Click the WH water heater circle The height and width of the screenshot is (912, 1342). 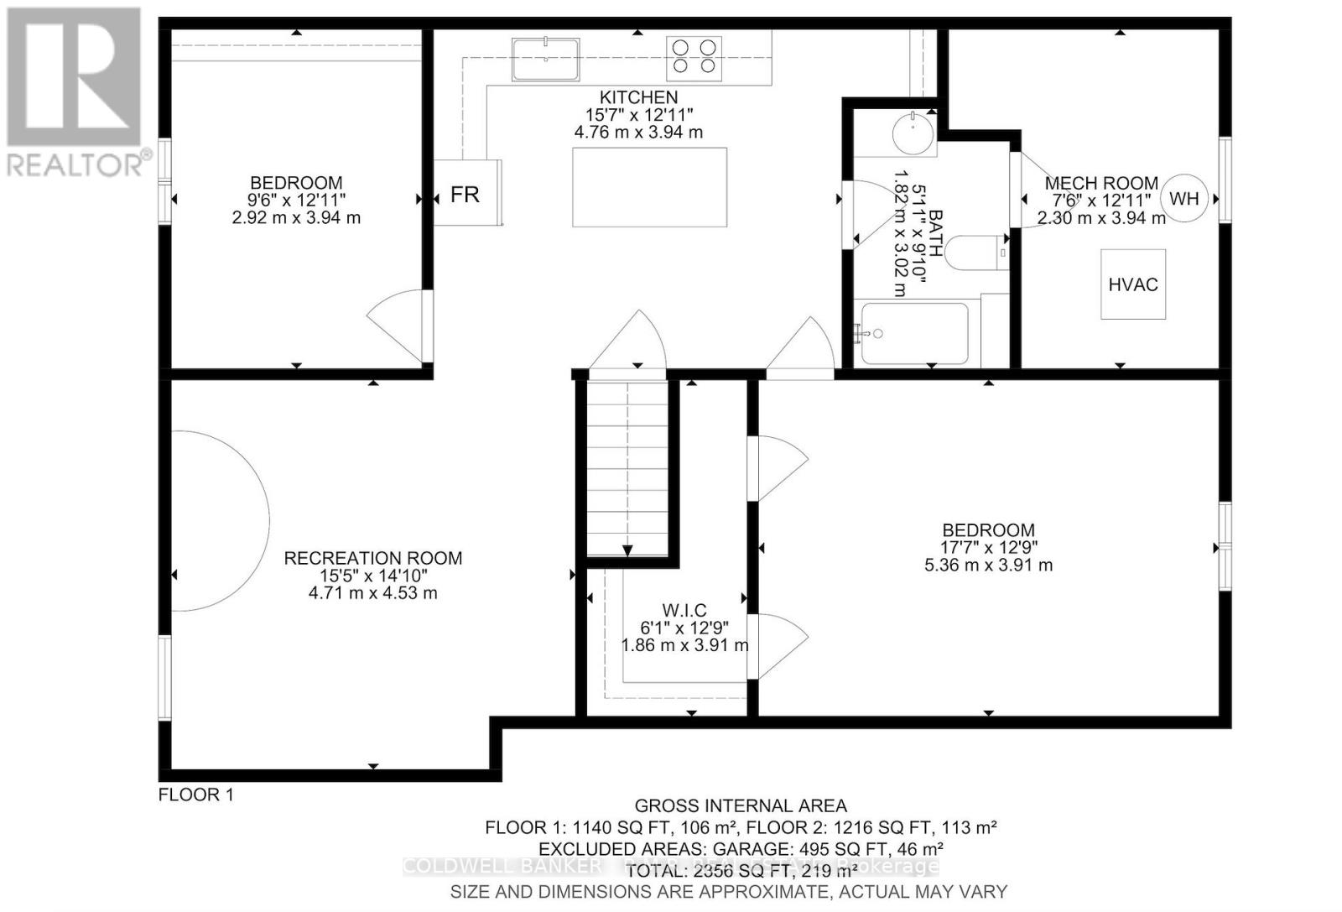pos(1184,199)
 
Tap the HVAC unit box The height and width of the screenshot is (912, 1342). pos(1133,284)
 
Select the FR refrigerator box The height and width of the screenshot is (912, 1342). pos(466,194)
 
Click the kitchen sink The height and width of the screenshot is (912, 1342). pos(546,59)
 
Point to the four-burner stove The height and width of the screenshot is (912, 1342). pos(694,57)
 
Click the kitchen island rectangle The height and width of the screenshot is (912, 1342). pos(650,187)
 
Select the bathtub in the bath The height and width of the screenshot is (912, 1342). pos(915,333)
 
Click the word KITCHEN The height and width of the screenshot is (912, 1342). pos(638,97)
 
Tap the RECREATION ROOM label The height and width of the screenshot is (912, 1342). pos(373,558)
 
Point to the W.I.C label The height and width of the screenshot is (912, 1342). pos(684,610)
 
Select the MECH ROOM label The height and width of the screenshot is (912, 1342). pos(1101,183)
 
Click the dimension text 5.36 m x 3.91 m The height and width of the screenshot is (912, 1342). pos(988,565)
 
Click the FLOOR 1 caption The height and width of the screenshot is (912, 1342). pos(196,795)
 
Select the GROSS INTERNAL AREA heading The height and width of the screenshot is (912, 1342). pos(740,806)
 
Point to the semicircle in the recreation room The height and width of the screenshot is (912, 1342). pos(220,520)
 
